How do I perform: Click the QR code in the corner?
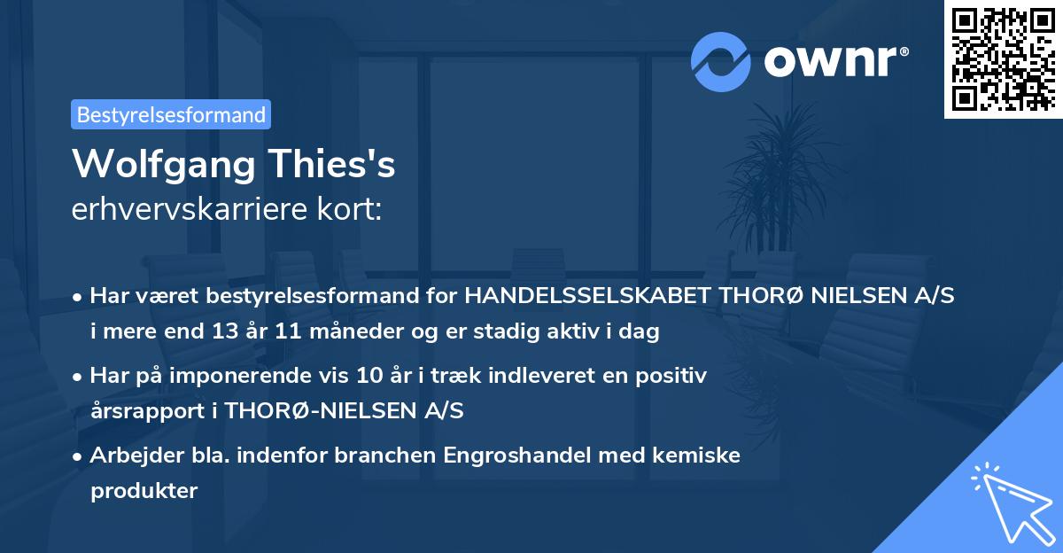tap(1004, 58)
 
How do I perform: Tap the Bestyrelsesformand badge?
tap(171, 114)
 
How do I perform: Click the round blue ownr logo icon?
tap(721, 61)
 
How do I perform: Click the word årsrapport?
tap(143, 411)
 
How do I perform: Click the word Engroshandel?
tap(517, 456)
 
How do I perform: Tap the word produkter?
tap(144, 490)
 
